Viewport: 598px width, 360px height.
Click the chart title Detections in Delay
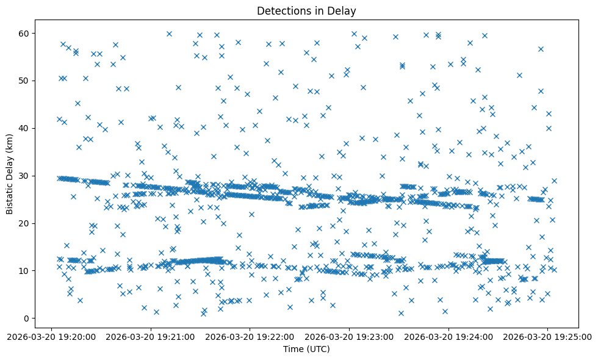pos(306,10)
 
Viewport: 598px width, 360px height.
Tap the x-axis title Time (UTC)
pos(306,349)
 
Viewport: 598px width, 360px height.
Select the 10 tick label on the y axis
pos(25,271)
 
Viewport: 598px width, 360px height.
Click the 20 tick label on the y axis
pos(25,223)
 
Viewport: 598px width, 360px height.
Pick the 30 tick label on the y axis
pos(25,176)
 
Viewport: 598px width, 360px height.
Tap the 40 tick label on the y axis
pos(25,128)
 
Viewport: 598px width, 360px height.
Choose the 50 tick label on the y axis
pos(25,81)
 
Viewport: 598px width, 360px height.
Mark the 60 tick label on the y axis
pos(25,33)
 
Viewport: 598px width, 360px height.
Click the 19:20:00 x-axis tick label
pos(52,336)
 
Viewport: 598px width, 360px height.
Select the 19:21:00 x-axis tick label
pos(151,336)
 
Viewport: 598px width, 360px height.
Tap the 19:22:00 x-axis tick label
pos(250,336)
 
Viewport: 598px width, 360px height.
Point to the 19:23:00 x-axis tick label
pos(350,336)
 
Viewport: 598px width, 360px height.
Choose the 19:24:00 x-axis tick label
pos(449,336)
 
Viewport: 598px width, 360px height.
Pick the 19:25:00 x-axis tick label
pos(548,336)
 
